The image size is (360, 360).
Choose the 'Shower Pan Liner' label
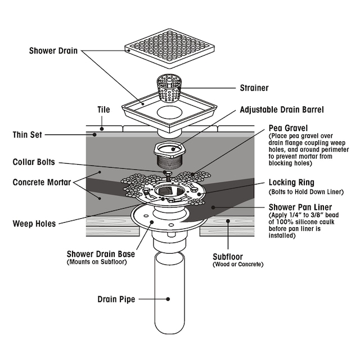tap(298, 206)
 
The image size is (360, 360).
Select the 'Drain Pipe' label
tap(115, 299)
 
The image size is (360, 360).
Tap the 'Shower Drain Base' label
tap(100, 254)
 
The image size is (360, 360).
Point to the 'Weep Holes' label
tap(34, 223)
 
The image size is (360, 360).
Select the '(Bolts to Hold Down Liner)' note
tap(307, 192)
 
